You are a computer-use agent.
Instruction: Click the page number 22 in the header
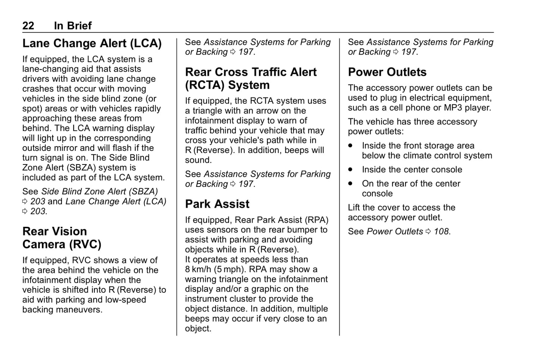[x=28, y=26]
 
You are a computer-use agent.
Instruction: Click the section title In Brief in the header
[x=73, y=26]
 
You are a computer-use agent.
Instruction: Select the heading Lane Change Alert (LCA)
[x=92, y=43]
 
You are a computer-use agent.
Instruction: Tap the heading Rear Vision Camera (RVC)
[x=62, y=238]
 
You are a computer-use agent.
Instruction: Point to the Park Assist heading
[x=217, y=204]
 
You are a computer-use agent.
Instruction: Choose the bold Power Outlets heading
[x=387, y=72]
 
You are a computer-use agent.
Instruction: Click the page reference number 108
[x=441, y=232]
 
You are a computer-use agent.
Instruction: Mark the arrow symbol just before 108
[x=428, y=232]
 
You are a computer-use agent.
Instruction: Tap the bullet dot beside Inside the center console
[x=350, y=169]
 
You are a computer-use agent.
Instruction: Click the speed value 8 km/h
[x=198, y=269]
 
